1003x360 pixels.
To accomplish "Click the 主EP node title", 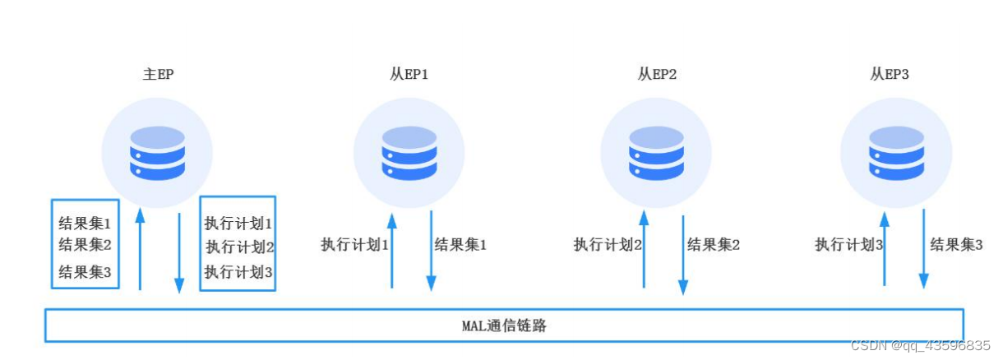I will (158, 74).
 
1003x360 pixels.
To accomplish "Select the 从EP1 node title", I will (409, 74).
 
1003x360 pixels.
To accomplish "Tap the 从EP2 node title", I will (657, 74).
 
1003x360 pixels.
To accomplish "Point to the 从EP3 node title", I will (890, 74).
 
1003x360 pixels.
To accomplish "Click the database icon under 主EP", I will (157, 153).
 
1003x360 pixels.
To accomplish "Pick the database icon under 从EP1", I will (409, 153).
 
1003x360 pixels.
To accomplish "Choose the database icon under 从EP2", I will (656, 153).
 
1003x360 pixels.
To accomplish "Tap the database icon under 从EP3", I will (895, 153).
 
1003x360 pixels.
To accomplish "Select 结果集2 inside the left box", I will (85, 244).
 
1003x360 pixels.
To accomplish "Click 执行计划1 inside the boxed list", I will (238, 223).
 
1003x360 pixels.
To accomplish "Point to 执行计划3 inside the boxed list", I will (238, 272).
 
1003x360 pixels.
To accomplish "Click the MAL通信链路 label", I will (503, 325).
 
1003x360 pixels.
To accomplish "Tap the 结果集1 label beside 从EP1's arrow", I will (460, 244).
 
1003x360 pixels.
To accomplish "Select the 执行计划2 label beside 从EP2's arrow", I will (608, 244).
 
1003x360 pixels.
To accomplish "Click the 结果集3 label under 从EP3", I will (956, 244).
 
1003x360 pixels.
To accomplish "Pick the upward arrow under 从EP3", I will (884, 248).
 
